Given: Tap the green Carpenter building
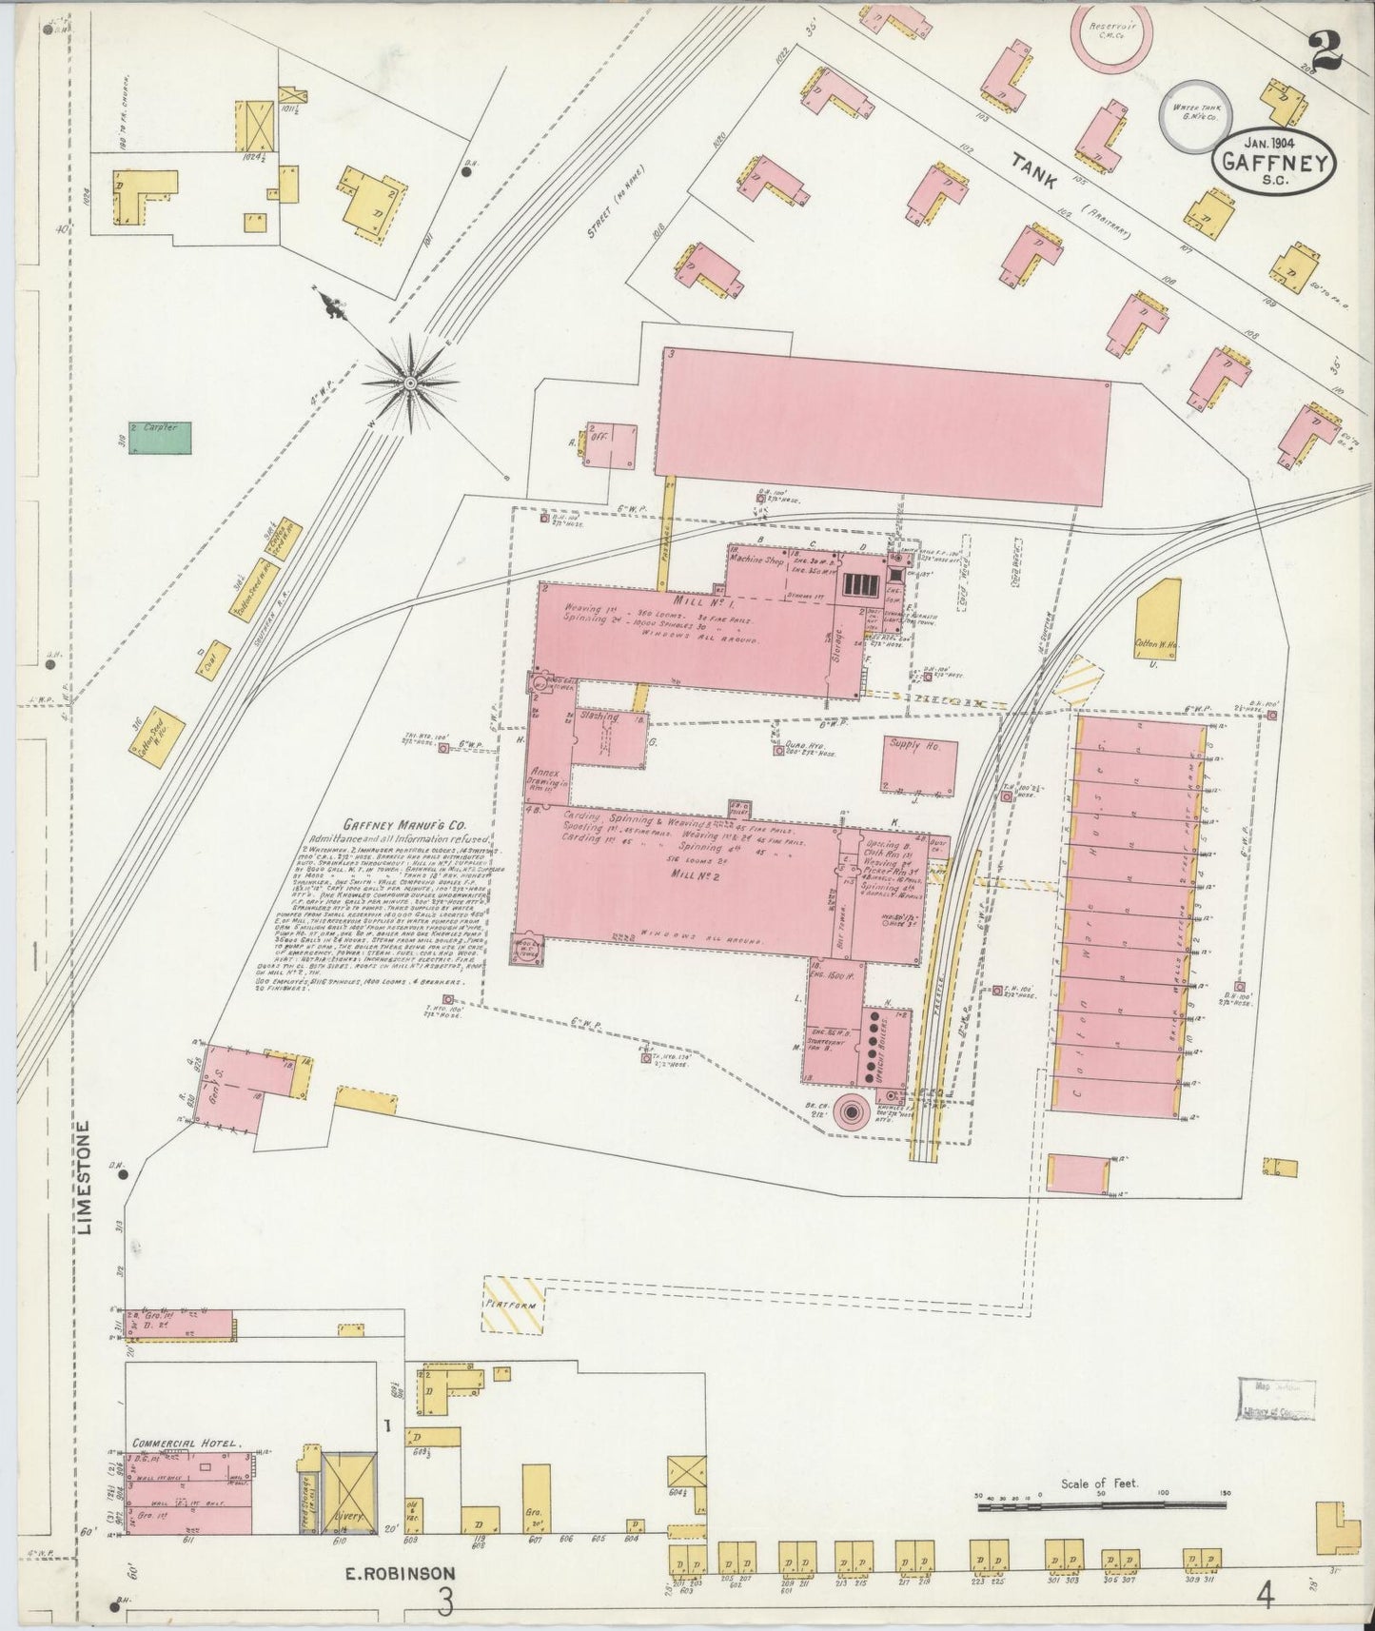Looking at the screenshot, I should click(x=160, y=437).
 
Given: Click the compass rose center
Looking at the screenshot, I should click(x=410, y=383).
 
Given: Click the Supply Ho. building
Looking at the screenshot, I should click(x=917, y=763).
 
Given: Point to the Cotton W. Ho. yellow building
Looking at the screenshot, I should click(x=1158, y=618).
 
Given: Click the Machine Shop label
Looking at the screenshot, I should click(x=762, y=561).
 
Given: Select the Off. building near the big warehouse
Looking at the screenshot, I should click(x=610, y=443).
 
